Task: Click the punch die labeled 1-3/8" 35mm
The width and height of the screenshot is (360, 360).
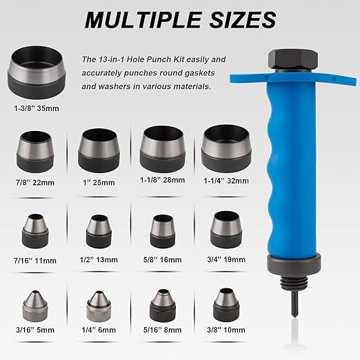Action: pos(37,72)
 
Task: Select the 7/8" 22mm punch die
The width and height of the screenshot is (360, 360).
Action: pos(35,152)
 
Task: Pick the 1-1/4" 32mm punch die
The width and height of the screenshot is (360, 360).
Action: pos(226,148)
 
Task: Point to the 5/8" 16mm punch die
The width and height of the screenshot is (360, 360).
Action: pos(163,231)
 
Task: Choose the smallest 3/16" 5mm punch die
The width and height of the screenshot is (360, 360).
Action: pos(35,306)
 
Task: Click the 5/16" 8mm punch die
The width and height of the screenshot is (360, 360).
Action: pos(163,306)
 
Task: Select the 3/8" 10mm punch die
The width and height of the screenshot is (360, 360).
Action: pos(226,305)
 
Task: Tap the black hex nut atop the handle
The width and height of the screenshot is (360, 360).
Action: pos(293,59)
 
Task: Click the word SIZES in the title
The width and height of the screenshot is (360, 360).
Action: pos(243,20)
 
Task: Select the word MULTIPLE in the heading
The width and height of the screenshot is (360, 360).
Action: pos(143,20)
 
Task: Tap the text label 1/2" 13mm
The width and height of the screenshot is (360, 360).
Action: pos(99,260)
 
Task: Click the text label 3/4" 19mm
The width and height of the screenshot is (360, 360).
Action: pos(226,259)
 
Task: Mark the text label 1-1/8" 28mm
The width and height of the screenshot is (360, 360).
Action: pos(163,180)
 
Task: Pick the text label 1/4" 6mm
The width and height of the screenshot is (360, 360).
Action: pos(99,330)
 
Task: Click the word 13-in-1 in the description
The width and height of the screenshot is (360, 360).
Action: pos(111,59)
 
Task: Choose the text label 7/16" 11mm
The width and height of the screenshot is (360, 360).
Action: pos(35,261)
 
